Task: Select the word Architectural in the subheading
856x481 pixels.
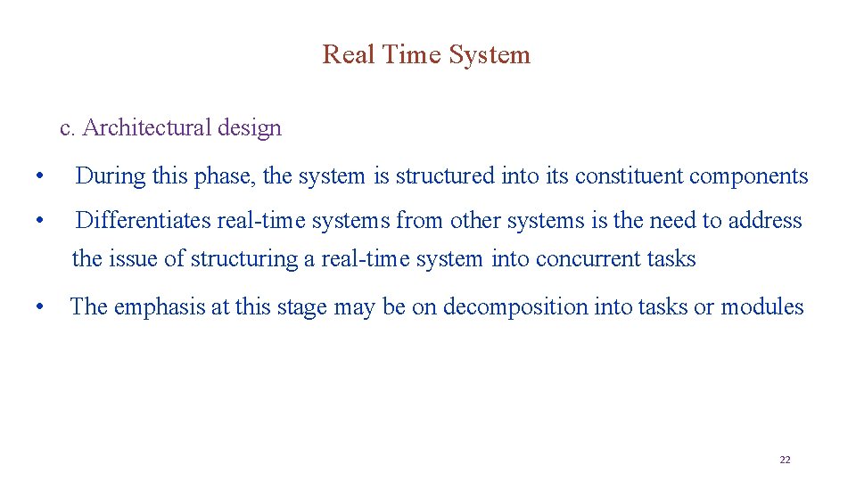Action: click(145, 128)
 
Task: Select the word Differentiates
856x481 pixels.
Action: click(143, 221)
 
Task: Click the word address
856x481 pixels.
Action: click(764, 221)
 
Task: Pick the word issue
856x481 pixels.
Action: click(134, 259)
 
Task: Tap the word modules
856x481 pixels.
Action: click(762, 307)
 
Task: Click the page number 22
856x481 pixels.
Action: click(785, 460)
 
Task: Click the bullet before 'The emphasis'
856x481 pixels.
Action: click(38, 307)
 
